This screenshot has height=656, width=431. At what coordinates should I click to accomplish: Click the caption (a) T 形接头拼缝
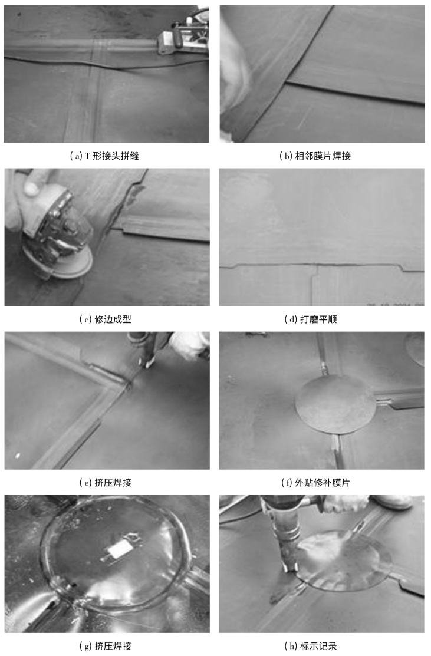coord(104,156)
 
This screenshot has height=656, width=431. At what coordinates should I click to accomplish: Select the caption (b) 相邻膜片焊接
coord(315,156)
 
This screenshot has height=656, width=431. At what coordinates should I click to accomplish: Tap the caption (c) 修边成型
coord(106,319)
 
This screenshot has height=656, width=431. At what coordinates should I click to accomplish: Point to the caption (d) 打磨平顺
coord(311,319)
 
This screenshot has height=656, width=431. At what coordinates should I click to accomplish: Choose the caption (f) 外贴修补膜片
coord(315,482)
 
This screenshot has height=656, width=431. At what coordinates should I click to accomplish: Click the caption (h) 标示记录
coord(311,646)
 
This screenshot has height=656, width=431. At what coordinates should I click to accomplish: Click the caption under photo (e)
coord(106,482)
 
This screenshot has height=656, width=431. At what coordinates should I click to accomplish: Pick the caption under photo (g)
coord(106,646)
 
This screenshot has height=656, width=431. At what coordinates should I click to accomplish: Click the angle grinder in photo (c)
coord(57,235)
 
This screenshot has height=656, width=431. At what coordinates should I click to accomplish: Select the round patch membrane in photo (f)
coord(335,408)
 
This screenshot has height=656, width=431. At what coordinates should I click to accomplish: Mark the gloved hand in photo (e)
coord(188,345)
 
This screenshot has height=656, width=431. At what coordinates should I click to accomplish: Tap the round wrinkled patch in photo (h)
coord(344,561)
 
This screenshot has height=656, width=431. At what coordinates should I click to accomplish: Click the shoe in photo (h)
coord(391,502)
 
